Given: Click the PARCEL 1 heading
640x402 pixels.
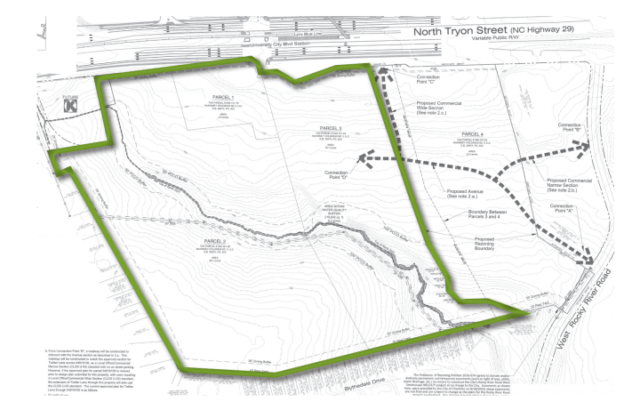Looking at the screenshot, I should (x=220, y=96).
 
